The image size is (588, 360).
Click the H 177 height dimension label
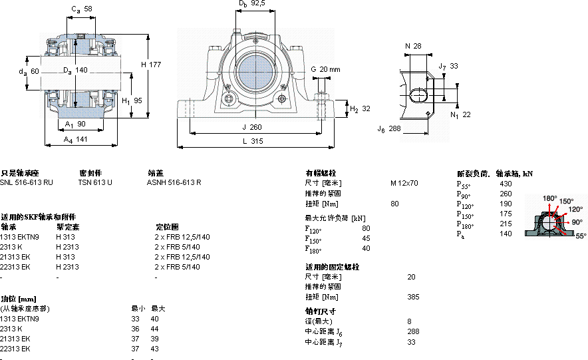click(152, 65)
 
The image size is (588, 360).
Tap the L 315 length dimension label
click(251, 140)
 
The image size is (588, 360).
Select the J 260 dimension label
click(251, 127)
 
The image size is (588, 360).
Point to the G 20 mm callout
click(325, 69)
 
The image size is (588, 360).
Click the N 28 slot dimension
click(412, 46)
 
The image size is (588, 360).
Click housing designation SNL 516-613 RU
click(26, 182)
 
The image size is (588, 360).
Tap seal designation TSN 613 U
click(95, 182)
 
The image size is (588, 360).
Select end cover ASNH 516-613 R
click(174, 182)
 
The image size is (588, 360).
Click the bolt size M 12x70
click(404, 183)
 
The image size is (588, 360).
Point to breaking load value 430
click(506, 184)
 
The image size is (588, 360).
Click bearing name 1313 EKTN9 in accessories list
click(20, 237)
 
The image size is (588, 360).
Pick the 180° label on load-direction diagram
click(549, 198)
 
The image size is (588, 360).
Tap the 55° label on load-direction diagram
click(581, 236)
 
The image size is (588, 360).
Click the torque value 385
click(413, 297)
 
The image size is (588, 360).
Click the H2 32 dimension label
click(360, 108)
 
